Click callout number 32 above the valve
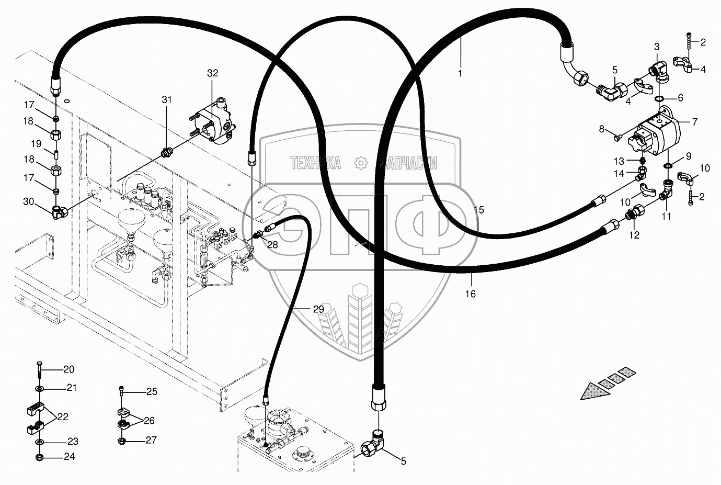(x=212, y=73)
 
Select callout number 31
(x=166, y=99)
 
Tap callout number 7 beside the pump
(x=694, y=122)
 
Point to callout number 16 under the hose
(x=471, y=294)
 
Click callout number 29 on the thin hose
(x=318, y=309)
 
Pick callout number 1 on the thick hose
(x=460, y=74)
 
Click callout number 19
(x=36, y=143)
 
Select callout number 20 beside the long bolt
(x=69, y=369)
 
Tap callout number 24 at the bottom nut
(x=69, y=457)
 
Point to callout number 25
(x=152, y=391)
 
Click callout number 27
(x=151, y=440)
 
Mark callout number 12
(x=634, y=235)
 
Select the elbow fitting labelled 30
(x=58, y=211)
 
